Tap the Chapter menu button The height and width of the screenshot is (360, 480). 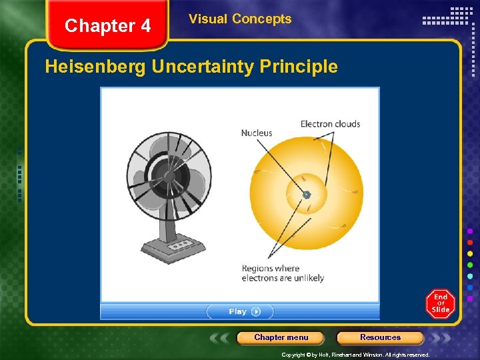281,337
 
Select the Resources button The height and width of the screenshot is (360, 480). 380,337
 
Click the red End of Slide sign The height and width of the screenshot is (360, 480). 440,303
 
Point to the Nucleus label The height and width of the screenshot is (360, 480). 257,133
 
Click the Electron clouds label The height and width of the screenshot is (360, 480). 330,124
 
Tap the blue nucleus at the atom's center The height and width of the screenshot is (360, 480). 307,195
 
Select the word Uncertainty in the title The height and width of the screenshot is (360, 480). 203,67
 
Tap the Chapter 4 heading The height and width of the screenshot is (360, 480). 108,26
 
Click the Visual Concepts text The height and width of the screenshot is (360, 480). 240,19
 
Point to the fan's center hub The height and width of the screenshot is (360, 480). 169,176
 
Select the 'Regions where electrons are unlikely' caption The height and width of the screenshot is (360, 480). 283,273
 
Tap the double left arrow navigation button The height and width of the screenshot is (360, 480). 221,338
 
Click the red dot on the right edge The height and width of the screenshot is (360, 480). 470,242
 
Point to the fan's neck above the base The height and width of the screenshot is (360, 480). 168,223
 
